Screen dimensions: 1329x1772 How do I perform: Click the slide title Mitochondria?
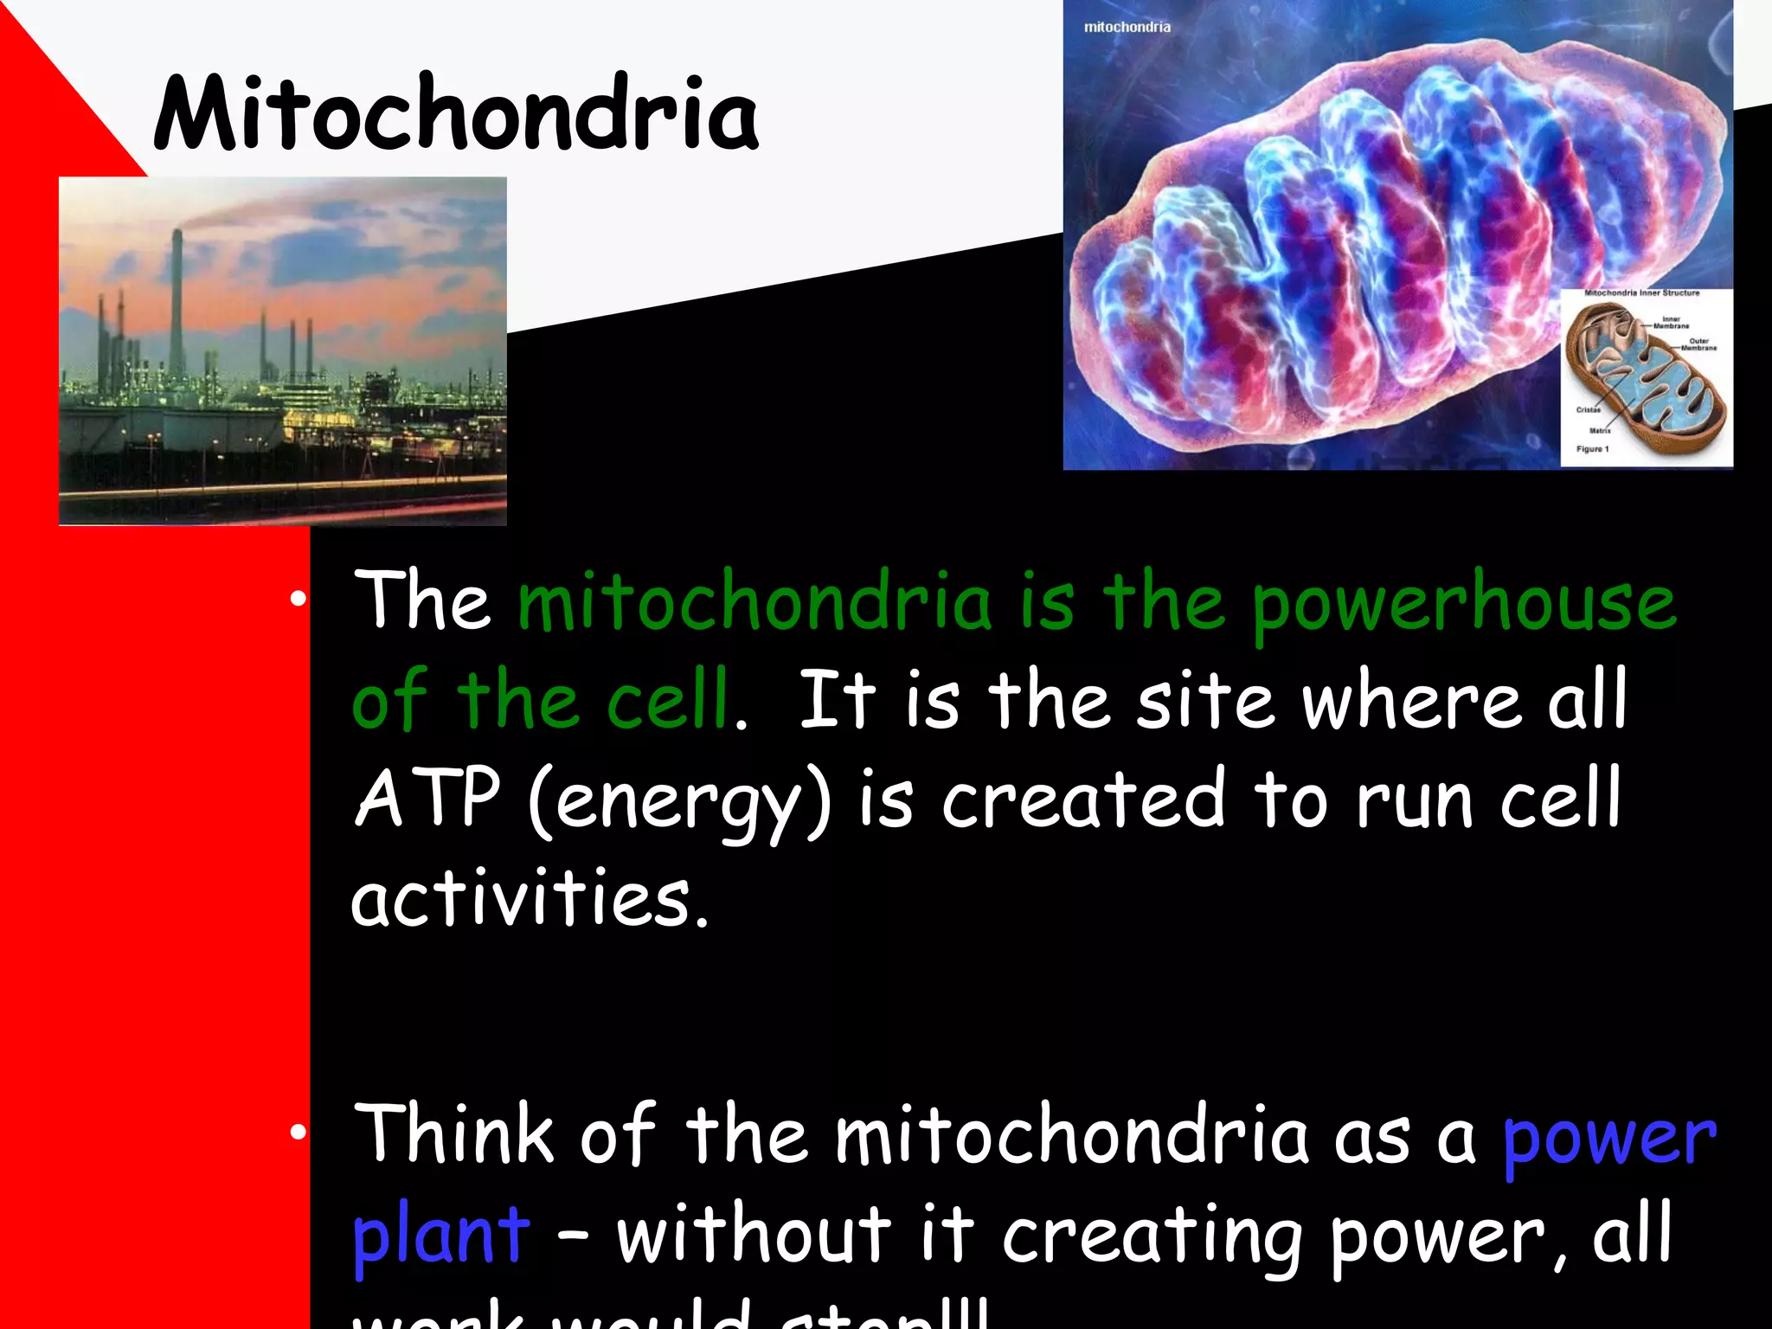click(456, 115)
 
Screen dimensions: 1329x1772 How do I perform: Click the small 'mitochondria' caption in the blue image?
click(1127, 28)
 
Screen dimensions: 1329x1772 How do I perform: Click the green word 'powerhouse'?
click(1464, 604)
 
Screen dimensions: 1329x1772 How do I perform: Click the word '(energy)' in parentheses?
click(679, 801)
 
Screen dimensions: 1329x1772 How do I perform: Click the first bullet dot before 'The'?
click(299, 599)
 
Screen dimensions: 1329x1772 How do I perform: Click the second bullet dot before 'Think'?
click(299, 1132)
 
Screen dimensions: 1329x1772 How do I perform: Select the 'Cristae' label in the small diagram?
click(1588, 410)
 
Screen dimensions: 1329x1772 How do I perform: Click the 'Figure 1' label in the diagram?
click(1592, 449)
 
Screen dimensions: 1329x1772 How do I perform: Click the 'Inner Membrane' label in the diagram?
click(1671, 323)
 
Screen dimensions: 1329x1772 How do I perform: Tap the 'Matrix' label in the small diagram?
click(1599, 430)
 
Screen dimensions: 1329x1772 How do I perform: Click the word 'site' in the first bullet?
click(1204, 701)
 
